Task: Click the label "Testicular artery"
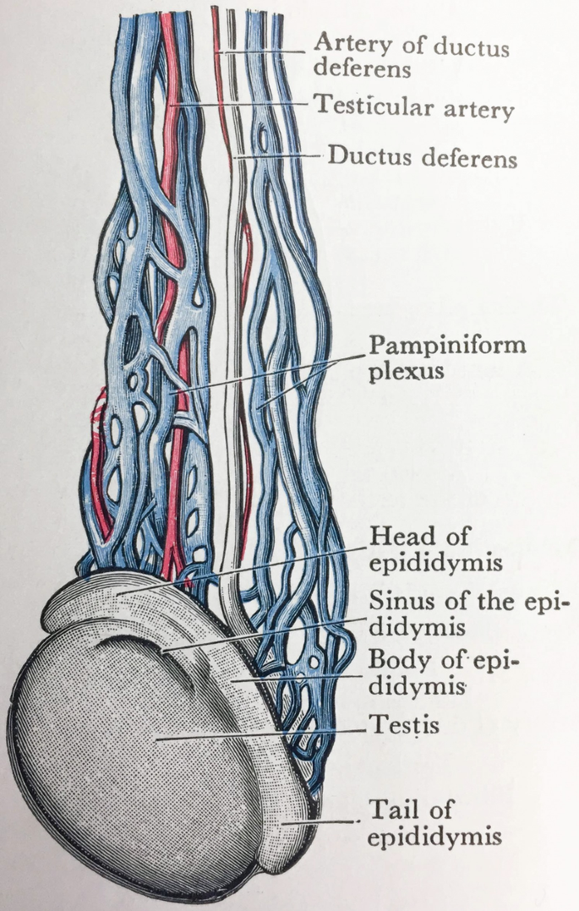[x=413, y=107]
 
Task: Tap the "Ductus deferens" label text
[x=422, y=156]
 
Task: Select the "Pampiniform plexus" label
[x=447, y=357]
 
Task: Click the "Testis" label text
[x=404, y=725]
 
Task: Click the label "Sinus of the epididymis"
[x=465, y=614]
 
